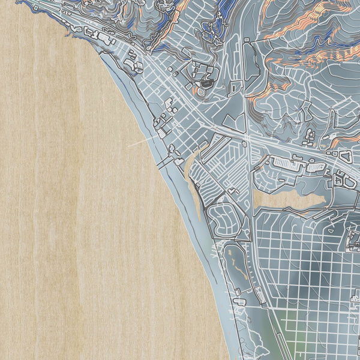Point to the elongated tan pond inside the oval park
click(232, 259)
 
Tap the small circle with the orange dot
click(197, 89)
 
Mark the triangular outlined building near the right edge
click(346, 157)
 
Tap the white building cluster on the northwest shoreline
click(106, 39)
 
